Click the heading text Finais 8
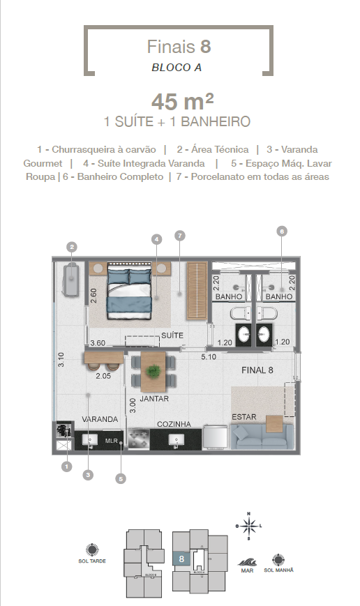click(179, 47)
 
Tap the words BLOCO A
click(178, 68)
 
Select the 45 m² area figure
click(178, 102)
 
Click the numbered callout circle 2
click(71, 246)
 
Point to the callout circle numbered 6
click(282, 231)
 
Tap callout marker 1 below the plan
click(67, 466)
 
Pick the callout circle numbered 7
click(180, 236)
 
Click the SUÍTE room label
click(172, 335)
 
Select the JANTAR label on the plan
click(153, 400)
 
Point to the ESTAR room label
click(244, 417)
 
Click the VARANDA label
click(98, 420)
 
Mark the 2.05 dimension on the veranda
click(104, 375)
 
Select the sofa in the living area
click(259, 437)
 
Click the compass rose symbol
click(249, 525)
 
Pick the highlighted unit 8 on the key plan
click(181, 559)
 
